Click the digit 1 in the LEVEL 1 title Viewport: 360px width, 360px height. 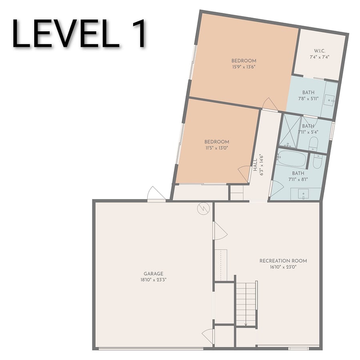138,33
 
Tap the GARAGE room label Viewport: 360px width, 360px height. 153,274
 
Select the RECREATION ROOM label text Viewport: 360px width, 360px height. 283,261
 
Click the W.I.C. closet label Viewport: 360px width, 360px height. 320,51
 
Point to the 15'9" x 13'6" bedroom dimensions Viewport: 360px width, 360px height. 244,67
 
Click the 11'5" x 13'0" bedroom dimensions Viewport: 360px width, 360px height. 217,148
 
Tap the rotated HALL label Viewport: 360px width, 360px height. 255,165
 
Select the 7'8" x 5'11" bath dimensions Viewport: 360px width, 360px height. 308,99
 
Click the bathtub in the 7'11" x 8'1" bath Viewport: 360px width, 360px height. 291,158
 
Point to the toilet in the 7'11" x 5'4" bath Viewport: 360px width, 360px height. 313,144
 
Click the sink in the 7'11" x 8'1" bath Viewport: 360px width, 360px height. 303,194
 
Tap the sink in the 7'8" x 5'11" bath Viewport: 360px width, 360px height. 330,100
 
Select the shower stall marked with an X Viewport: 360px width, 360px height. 289,131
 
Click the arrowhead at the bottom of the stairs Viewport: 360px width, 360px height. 246,324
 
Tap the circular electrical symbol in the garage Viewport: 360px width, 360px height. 204,208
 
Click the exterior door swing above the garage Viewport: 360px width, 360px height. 156,193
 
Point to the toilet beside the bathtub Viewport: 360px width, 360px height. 318,162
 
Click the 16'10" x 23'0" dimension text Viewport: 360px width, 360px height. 283,267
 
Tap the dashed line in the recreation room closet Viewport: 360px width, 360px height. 221,265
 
